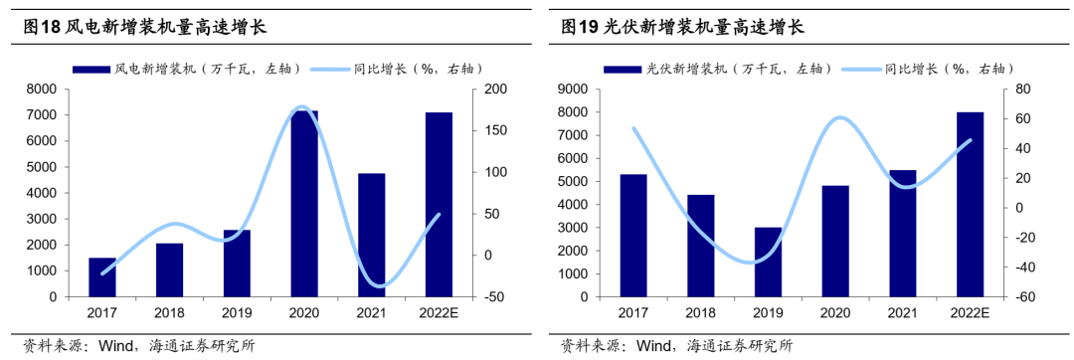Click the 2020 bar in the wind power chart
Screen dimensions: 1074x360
(x=304, y=204)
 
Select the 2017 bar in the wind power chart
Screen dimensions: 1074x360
(x=102, y=277)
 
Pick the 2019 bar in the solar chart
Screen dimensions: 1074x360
(x=768, y=263)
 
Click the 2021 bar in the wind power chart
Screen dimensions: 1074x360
(x=371, y=236)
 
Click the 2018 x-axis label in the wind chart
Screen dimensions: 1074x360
(x=169, y=313)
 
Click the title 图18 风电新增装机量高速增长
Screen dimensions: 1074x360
(x=144, y=28)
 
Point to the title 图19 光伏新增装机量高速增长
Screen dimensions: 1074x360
(x=682, y=28)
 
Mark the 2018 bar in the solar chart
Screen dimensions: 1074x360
(x=701, y=247)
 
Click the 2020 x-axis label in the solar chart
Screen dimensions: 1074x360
(x=835, y=313)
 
